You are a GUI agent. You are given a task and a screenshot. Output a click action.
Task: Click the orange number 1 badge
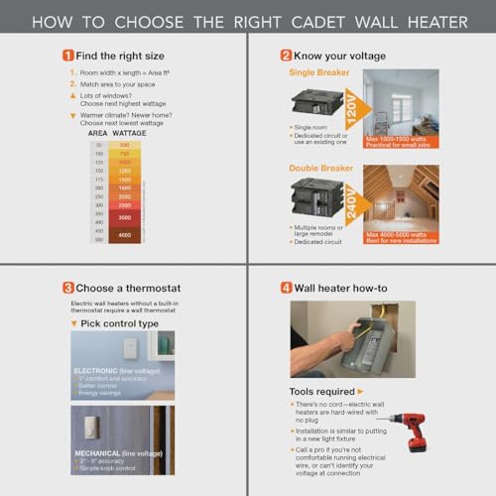pyautogui.click(x=67, y=56)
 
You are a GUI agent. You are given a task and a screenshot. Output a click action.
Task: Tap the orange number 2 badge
pyautogui.click(x=286, y=56)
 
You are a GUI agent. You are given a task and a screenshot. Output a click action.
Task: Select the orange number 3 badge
pyautogui.click(x=67, y=288)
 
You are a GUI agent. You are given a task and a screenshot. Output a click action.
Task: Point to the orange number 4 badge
pyautogui.click(x=286, y=288)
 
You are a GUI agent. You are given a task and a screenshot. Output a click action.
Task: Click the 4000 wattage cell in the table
pyautogui.click(x=124, y=234)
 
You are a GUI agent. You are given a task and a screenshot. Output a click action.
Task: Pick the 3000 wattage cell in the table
pyautogui.click(x=124, y=216)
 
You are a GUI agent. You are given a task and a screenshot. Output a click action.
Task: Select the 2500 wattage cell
pyautogui.click(x=124, y=204)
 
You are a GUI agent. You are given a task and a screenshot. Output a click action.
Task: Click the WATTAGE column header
pyautogui.click(x=130, y=132)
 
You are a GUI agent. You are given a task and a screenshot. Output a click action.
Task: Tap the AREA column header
pyautogui.click(x=98, y=132)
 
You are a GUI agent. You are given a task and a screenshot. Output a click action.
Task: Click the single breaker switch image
pyautogui.click(x=312, y=102)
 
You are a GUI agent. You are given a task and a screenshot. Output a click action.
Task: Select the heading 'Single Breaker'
pyautogui.click(x=319, y=72)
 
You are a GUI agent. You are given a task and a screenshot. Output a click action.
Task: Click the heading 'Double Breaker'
pyautogui.click(x=321, y=168)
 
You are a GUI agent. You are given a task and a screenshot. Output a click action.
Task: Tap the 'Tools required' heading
pyautogui.click(x=323, y=391)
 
